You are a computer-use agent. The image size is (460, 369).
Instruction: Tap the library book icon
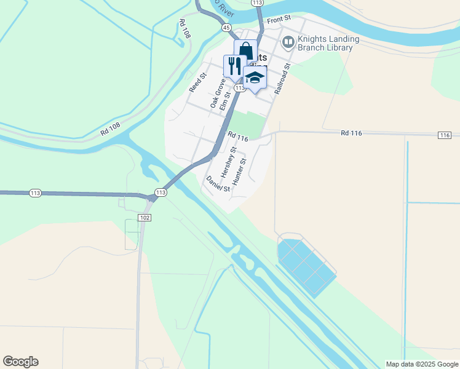[x=287, y=42]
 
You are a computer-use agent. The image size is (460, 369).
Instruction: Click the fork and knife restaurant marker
[x=234, y=65]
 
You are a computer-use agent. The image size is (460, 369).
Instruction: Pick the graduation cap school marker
[x=255, y=78]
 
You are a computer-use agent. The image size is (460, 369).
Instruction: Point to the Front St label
[x=279, y=20]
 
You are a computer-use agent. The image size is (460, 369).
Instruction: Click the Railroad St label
[x=282, y=78]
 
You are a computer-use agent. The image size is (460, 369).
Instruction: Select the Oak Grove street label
[x=217, y=93]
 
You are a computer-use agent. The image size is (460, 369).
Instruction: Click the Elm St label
[x=225, y=99]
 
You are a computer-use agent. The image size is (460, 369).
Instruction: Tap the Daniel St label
[x=218, y=183]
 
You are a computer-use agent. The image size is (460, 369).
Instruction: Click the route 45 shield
[x=226, y=28]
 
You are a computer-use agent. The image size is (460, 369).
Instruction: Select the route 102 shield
[x=145, y=218]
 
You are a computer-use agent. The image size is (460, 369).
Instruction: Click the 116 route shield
[x=445, y=135]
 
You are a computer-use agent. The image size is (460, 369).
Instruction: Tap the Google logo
[x=20, y=362]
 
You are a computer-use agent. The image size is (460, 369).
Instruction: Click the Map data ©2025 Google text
[x=422, y=364]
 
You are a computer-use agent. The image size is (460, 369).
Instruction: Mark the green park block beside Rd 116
[x=248, y=123]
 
